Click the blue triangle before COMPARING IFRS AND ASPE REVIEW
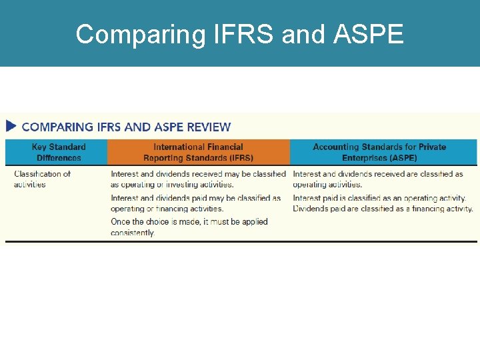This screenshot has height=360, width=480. pos(11,126)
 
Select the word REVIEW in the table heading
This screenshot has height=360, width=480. pos(209,127)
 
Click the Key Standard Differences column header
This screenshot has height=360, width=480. pos(59,152)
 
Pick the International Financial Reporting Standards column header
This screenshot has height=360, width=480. pos(198,152)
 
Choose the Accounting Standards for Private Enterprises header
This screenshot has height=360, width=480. pos(379,152)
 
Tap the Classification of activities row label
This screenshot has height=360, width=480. pos(42,179)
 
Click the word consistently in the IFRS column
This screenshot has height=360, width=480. pos(133,233)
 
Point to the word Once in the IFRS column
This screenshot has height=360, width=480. pos(121,221)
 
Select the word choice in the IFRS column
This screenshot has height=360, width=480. pos(163,221)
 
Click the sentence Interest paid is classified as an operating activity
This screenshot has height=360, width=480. pos(379,198)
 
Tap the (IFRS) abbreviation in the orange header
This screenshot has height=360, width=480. pos(239,158)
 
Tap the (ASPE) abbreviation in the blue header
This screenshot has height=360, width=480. pos(402,158)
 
